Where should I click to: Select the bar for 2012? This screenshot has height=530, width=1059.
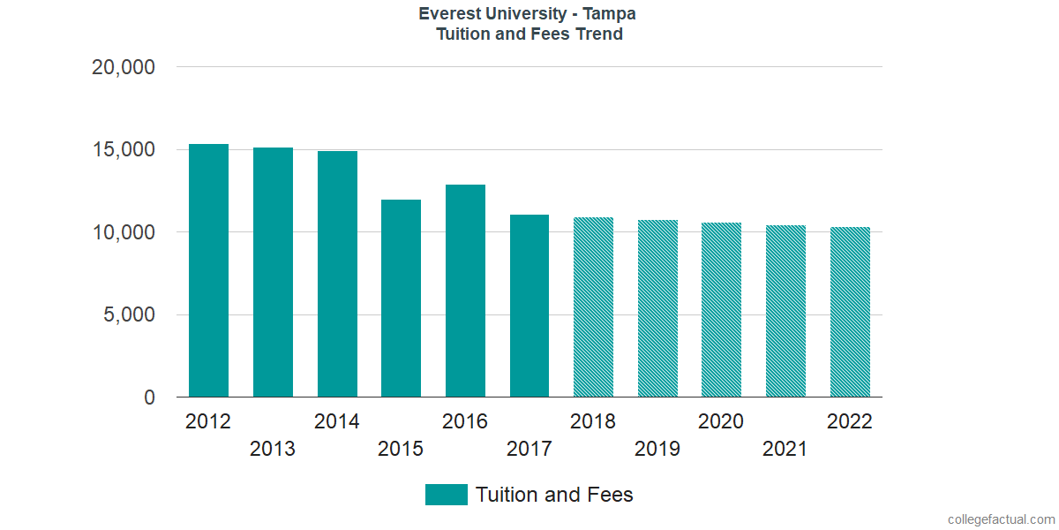tap(208, 270)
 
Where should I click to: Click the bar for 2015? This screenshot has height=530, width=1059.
tap(401, 299)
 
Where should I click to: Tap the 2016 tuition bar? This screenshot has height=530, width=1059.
tap(465, 291)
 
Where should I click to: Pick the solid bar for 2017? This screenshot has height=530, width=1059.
tap(529, 306)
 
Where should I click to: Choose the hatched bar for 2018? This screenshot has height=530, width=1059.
tap(593, 307)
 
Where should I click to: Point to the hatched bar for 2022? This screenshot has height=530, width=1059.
tap(850, 312)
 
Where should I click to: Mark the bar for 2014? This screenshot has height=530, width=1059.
tap(337, 274)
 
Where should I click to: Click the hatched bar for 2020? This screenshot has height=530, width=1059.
tap(721, 310)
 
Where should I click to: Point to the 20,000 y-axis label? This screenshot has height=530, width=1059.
tap(124, 67)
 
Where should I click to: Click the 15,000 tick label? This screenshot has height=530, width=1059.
tap(124, 150)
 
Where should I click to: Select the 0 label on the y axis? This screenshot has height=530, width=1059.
tap(149, 398)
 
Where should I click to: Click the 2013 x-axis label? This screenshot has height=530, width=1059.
tap(273, 449)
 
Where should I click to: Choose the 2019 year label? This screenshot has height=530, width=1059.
tap(657, 449)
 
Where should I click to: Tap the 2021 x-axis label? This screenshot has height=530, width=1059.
tap(785, 449)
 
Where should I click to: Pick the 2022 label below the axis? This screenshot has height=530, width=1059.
tap(849, 421)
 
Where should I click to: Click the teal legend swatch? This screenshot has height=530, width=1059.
tap(446, 495)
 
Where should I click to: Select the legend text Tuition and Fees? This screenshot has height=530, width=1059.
tap(554, 495)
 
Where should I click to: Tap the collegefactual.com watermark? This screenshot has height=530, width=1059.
tap(1000, 519)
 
